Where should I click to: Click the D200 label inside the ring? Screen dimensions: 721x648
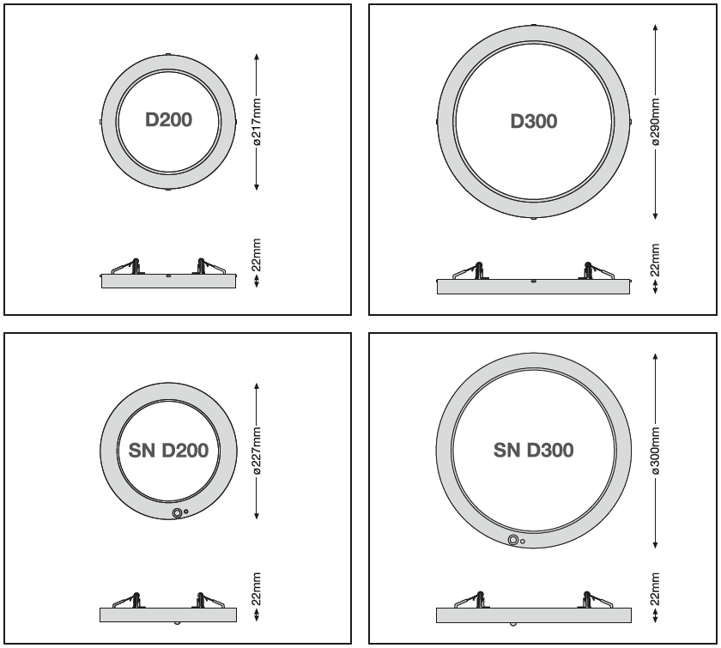(168, 119)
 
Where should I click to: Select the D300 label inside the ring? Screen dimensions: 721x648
(534, 121)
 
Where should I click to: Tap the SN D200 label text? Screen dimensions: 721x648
(168, 451)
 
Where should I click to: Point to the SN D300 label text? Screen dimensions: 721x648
(533, 450)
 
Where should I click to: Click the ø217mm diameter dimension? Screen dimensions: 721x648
(257, 122)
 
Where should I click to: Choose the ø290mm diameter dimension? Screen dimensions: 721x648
(655, 121)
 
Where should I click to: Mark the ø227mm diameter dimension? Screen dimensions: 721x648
(257, 451)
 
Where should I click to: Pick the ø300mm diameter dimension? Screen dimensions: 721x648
(655, 451)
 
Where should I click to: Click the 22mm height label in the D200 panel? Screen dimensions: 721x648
(257, 255)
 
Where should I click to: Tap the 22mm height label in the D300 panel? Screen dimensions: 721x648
(655, 260)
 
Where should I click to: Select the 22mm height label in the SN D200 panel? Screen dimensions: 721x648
(257, 589)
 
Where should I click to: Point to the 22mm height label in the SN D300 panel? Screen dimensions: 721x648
(655, 589)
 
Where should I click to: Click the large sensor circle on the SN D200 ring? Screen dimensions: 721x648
(177, 513)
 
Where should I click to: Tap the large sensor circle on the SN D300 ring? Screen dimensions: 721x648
(513, 540)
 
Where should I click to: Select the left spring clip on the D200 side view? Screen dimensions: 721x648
(128, 267)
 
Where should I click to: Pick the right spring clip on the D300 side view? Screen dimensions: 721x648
(597, 270)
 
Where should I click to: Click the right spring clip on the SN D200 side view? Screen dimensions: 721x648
(209, 600)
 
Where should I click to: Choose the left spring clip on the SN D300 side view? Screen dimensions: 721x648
(471, 600)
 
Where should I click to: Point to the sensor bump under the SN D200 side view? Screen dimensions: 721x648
(177, 623)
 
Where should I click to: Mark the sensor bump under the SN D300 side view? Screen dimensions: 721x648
(512, 624)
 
